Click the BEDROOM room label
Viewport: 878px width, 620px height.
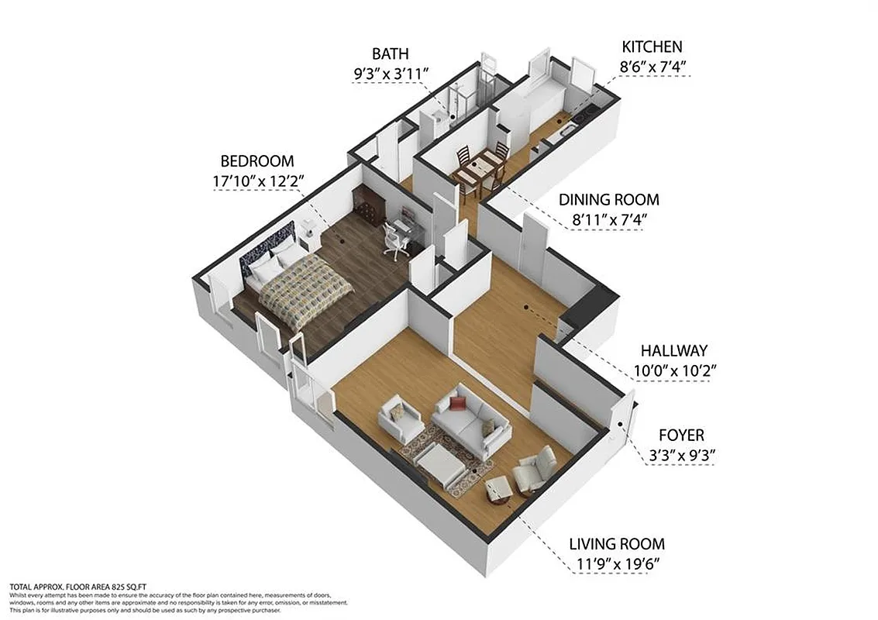coord(257,161)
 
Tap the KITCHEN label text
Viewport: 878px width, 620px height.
coord(656,46)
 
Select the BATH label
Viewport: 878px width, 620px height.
coord(390,53)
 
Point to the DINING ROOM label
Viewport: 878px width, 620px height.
coord(609,199)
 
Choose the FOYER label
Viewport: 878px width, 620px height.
coord(681,436)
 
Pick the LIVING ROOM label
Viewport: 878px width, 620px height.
coord(617,544)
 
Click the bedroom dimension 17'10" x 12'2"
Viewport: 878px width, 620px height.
coord(258,181)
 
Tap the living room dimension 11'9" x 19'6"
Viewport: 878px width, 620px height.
coord(617,565)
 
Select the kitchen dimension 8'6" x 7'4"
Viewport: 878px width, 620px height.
coord(656,67)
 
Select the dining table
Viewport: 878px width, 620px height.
coord(478,167)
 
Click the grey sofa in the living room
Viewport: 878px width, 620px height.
coord(470,422)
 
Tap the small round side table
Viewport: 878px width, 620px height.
coord(496,488)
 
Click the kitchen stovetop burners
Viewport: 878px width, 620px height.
coord(583,115)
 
